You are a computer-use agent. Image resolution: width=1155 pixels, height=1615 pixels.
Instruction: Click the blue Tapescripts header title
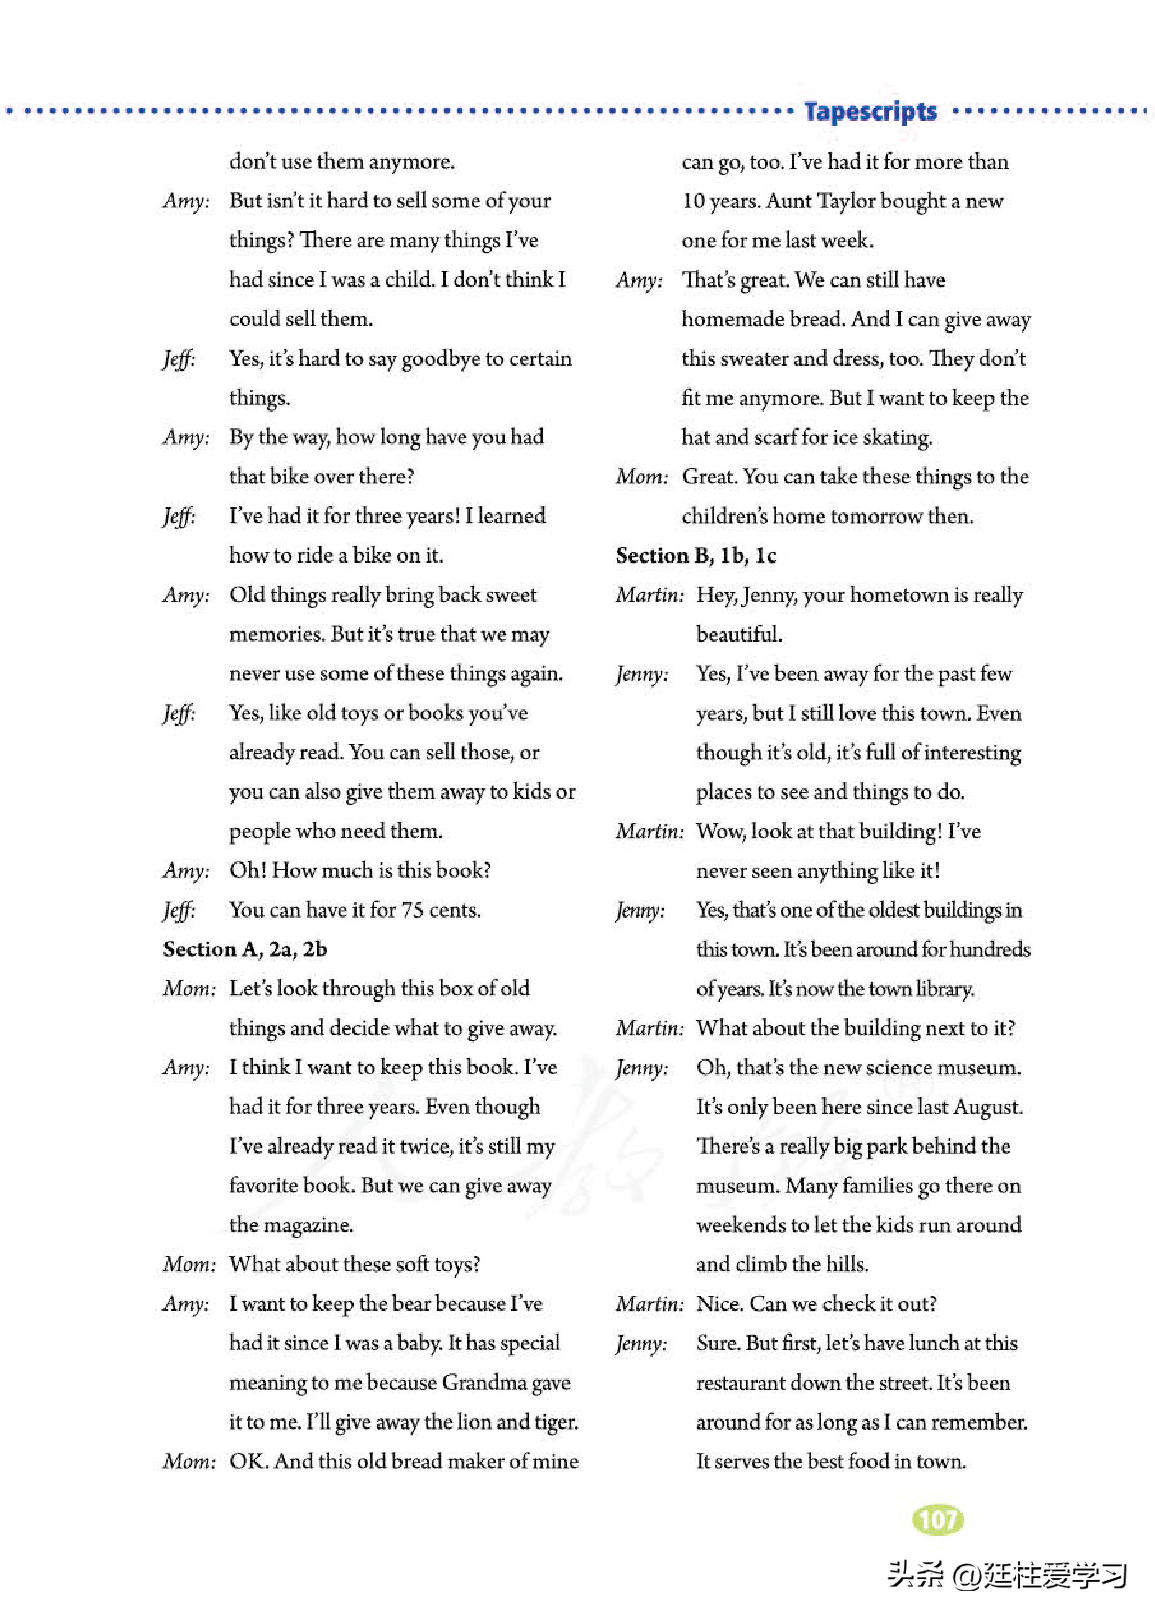[870, 112]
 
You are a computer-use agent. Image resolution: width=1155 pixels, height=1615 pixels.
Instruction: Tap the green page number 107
[937, 1519]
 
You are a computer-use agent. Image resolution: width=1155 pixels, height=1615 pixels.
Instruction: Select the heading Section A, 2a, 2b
[245, 949]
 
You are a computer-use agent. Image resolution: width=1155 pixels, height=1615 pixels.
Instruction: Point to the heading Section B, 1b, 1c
[696, 555]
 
